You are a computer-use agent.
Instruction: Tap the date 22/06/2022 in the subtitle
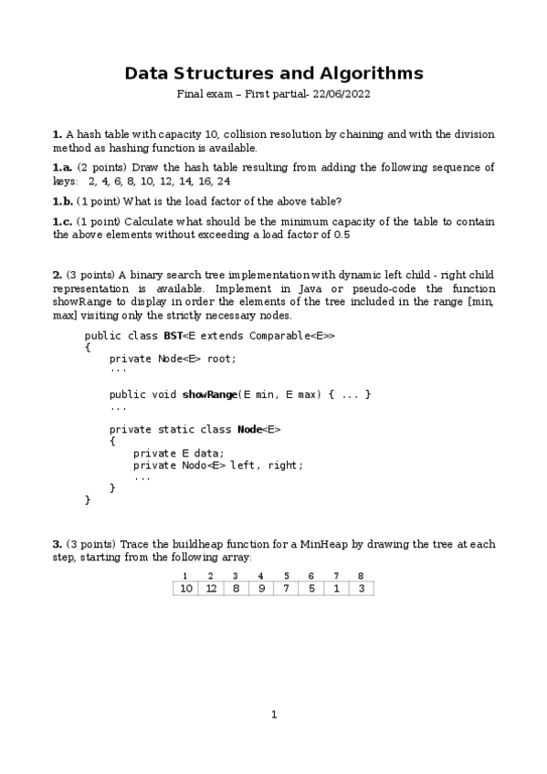337,94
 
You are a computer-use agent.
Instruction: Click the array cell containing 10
185,589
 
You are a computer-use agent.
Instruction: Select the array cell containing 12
211,589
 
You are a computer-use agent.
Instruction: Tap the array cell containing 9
261,589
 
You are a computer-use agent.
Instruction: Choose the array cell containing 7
287,589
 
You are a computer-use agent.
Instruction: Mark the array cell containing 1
337,589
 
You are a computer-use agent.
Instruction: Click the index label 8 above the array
362,576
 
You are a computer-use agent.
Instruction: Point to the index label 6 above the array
311,576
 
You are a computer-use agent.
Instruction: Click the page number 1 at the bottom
273,714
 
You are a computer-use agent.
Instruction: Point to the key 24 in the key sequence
224,182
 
